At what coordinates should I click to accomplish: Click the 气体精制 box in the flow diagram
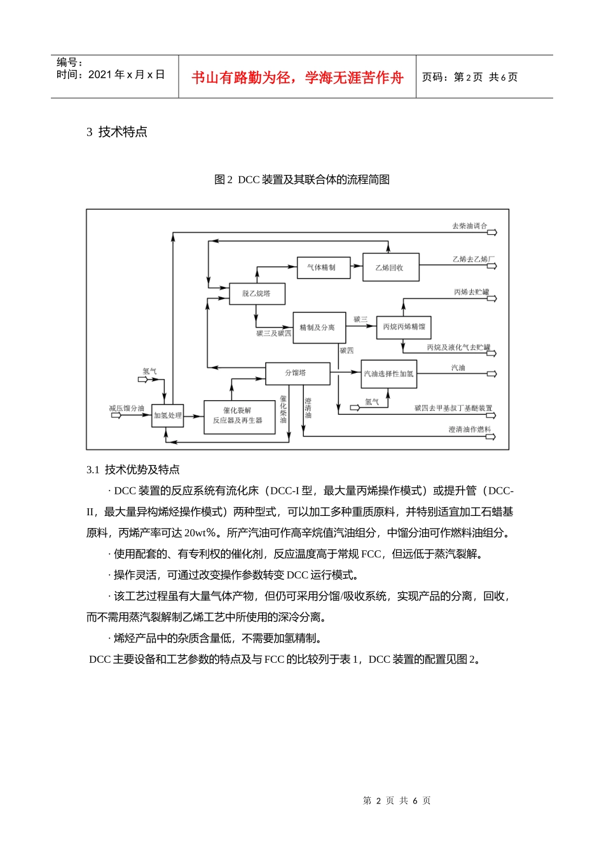324,268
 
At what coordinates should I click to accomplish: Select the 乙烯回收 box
391,268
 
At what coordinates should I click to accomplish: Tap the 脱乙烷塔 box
257,294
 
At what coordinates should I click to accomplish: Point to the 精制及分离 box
319,328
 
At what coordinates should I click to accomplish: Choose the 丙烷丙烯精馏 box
404,327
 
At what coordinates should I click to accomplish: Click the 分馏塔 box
297,373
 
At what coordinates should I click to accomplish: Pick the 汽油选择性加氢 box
388,374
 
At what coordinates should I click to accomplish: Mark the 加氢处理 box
167,416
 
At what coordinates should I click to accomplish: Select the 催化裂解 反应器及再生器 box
239,417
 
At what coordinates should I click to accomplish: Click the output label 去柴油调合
469,226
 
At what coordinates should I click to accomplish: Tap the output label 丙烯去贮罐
471,292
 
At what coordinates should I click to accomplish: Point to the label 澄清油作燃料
469,430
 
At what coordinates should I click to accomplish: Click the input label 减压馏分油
127,408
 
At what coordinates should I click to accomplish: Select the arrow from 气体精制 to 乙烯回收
356,267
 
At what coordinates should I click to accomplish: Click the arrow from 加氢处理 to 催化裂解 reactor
193,415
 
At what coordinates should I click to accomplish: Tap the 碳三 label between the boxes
360,319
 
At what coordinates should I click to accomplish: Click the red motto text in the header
298,78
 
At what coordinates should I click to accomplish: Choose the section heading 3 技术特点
117,132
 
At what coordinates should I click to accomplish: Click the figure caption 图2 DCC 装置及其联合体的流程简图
302,180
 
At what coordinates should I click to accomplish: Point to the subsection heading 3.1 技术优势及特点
133,470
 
